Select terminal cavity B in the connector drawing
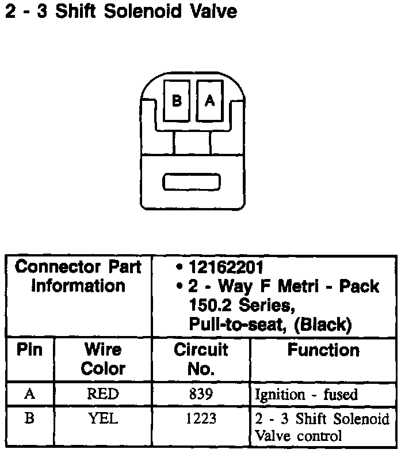point(177,100)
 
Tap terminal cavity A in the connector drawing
point(210,100)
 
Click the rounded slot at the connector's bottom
point(192,182)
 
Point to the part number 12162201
point(226,267)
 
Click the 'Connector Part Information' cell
point(78,277)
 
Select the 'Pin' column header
point(29,350)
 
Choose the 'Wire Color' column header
point(103,358)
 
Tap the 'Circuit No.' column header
point(201,358)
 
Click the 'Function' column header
point(323,350)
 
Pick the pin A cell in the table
point(29,394)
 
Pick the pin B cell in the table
point(29,418)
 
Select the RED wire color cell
point(103,394)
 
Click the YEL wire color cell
point(103,418)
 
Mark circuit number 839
point(201,394)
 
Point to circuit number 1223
point(201,418)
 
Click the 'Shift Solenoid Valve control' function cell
point(322,427)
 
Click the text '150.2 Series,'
point(236,305)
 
